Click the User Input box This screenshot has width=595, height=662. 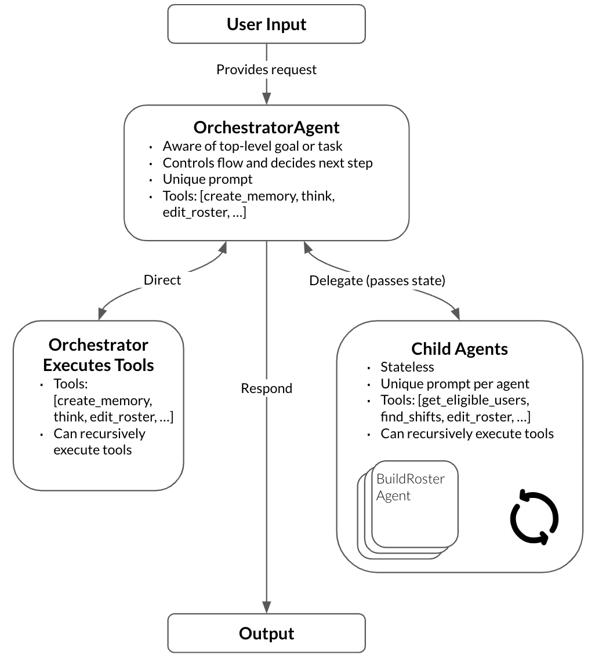point(266,24)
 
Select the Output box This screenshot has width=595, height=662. point(266,633)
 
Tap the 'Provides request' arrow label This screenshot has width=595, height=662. point(266,70)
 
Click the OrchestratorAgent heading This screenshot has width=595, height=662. point(266,127)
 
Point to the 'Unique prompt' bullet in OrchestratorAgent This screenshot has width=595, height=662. point(208,180)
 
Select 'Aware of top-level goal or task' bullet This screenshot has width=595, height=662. point(253,146)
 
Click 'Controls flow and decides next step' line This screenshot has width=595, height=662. point(267,163)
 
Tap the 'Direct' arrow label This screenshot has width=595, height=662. point(162,280)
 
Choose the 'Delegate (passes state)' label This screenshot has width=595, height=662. point(377,281)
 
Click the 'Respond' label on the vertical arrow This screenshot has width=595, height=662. point(266,388)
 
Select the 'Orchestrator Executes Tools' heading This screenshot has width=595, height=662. point(99,355)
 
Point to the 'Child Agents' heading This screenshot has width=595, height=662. point(459,349)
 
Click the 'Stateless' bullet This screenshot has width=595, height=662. point(407,367)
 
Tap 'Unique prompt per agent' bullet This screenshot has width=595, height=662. point(455,384)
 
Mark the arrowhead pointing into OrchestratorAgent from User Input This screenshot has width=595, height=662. point(266,99)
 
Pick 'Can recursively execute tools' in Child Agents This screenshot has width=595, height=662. point(467,434)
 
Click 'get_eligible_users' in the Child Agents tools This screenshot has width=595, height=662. point(474,401)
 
